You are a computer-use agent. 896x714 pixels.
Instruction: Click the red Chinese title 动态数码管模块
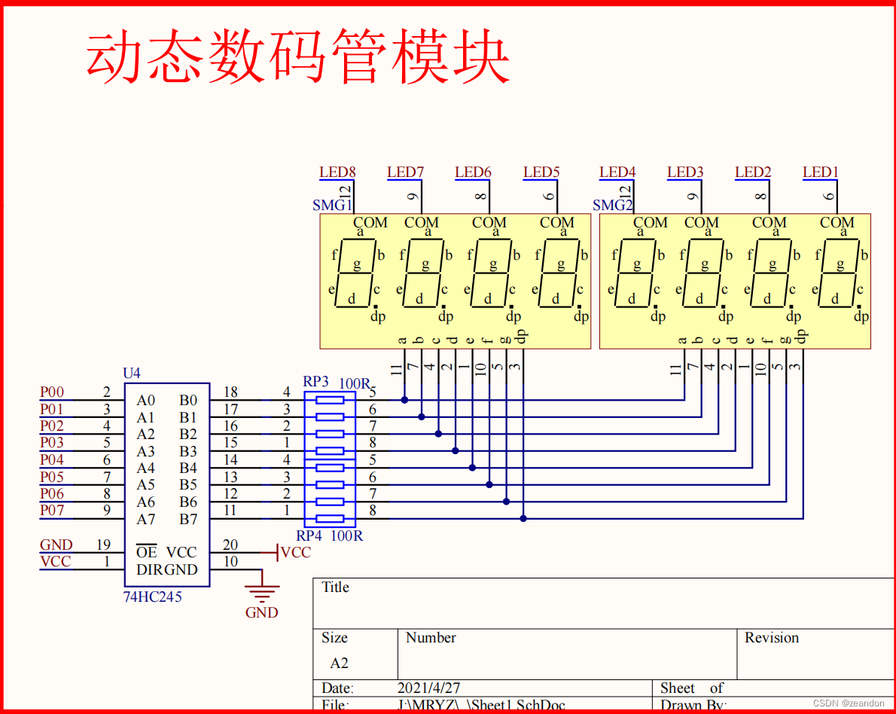click(x=298, y=57)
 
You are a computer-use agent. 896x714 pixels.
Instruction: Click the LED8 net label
click(x=337, y=172)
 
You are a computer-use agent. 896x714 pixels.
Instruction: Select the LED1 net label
click(x=820, y=172)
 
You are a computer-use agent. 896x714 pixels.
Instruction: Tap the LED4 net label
click(x=617, y=172)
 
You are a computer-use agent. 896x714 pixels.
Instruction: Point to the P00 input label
click(x=52, y=392)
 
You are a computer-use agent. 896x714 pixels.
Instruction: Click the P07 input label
click(x=52, y=511)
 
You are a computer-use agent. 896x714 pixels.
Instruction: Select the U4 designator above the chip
click(x=132, y=374)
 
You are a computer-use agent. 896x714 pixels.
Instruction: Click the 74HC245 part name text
click(x=153, y=597)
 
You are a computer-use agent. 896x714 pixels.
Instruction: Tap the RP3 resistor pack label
click(x=315, y=382)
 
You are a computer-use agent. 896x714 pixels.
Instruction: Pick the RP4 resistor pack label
click(x=309, y=536)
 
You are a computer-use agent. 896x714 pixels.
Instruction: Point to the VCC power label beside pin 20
click(x=294, y=553)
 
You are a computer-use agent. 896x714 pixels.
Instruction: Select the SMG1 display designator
click(x=331, y=205)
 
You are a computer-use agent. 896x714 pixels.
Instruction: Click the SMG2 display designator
click(x=611, y=205)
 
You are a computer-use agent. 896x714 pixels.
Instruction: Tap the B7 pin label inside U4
click(x=188, y=519)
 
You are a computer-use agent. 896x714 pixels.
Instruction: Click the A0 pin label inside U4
click(x=145, y=401)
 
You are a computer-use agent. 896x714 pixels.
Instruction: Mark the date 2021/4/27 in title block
click(x=428, y=688)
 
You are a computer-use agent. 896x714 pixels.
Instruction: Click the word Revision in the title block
click(x=772, y=638)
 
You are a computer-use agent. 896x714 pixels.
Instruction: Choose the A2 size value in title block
click(x=339, y=664)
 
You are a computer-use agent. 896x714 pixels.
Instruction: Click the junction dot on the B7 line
click(x=523, y=518)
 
